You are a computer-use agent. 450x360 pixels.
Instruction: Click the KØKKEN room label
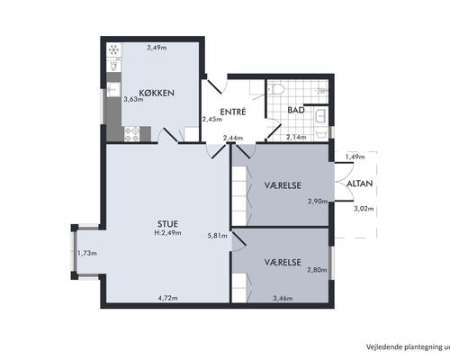[157, 93]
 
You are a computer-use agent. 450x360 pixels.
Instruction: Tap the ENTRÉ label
[233, 112]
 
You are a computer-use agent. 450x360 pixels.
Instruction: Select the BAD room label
[296, 110]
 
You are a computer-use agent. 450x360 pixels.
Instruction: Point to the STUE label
[167, 224]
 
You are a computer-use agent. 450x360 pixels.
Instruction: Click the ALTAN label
[360, 184]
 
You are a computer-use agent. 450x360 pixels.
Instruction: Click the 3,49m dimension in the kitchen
[157, 48]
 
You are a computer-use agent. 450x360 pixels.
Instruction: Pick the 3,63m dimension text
[133, 99]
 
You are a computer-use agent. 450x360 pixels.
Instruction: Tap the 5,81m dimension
[218, 236]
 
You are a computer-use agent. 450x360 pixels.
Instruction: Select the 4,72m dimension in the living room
[168, 298]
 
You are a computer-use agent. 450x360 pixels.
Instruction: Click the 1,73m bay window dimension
[87, 253]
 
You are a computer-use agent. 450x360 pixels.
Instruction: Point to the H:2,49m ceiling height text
[168, 233]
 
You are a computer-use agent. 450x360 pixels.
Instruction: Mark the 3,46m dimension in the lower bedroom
[283, 298]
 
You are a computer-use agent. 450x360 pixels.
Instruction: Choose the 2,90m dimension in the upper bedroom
[318, 202]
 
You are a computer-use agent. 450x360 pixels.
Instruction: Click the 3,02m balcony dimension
[364, 209]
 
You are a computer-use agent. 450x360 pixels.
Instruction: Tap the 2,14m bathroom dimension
[296, 137]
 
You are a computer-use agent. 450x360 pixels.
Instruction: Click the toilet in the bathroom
[275, 89]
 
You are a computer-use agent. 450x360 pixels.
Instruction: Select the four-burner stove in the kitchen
[132, 134]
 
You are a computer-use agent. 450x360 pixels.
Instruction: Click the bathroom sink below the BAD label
[320, 116]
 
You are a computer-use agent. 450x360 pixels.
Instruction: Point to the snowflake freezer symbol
[113, 49]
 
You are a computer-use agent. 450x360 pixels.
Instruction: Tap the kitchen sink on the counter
[113, 90]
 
